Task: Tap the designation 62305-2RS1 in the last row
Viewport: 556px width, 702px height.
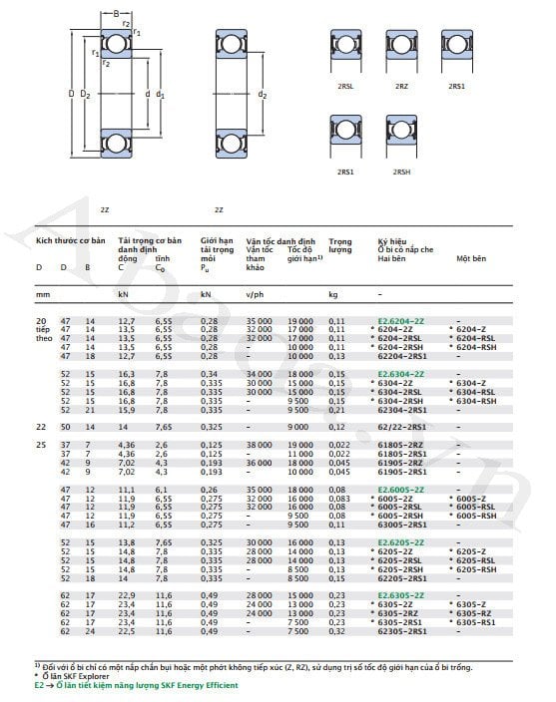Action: (x=399, y=631)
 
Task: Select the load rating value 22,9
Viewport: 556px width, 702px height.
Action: (x=127, y=595)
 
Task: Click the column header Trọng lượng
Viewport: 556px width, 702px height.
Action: (x=340, y=245)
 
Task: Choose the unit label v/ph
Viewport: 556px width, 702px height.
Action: (x=256, y=295)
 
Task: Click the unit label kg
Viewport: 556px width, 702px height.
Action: (x=333, y=295)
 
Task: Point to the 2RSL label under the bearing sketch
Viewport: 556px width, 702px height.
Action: (x=345, y=87)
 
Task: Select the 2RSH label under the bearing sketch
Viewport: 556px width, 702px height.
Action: (x=401, y=172)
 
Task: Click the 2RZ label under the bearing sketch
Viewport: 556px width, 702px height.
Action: (x=401, y=87)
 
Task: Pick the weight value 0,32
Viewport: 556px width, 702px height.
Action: (x=337, y=631)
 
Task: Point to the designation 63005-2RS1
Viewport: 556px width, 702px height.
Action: (x=399, y=522)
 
